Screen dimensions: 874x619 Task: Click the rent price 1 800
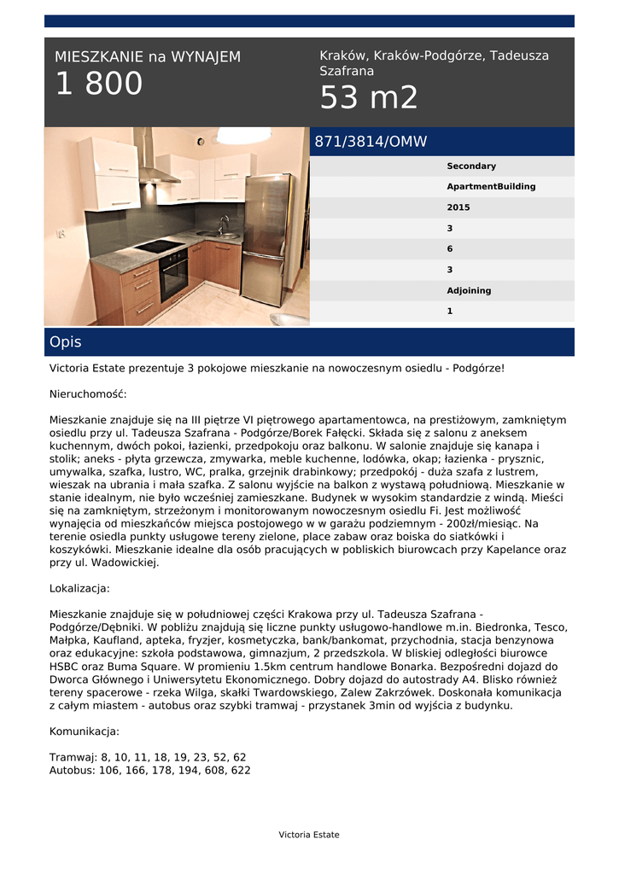99,84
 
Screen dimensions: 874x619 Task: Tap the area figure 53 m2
369,98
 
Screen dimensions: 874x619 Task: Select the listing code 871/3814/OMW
371,142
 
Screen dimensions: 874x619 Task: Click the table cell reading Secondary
470,166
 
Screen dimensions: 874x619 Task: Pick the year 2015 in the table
458,207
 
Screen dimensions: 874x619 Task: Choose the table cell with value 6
450,249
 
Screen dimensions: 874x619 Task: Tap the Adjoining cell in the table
469,291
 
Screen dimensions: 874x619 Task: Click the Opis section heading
66,342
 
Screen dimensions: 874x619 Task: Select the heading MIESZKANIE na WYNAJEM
148,57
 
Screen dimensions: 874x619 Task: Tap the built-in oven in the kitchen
173,274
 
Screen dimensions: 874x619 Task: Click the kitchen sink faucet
223,224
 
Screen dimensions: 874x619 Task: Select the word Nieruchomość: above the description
88,394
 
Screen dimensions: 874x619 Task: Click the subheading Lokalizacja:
79,589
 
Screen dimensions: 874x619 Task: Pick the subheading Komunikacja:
85,731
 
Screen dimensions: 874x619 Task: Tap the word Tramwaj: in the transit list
73,757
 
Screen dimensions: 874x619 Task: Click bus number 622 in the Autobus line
241,770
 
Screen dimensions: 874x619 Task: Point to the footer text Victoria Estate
309,835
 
